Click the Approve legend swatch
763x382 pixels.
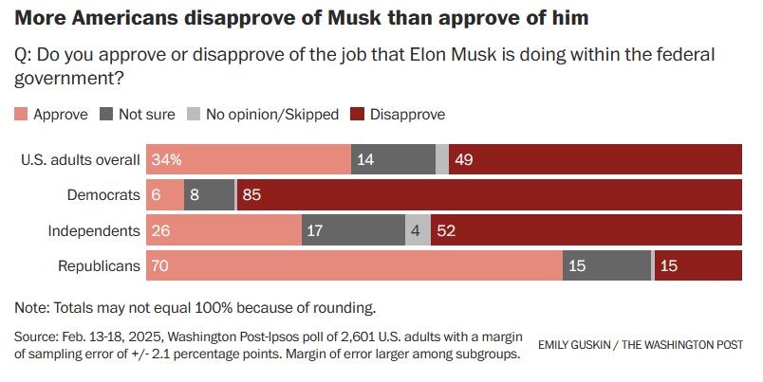(x=22, y=114)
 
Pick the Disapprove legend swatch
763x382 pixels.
(x=357, y=114)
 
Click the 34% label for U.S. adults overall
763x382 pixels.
(x=166, y=160)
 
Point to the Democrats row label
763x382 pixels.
(x=103, y=195)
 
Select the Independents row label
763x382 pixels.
(x=94, y=230)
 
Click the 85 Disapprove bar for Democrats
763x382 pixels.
(x=490, y=195)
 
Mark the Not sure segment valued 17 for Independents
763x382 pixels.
(x=353, y=230)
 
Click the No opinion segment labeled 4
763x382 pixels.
(x=418, y=230)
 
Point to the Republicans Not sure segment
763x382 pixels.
(x=606, y=265)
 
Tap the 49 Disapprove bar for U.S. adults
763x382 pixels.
(x=595, y=160)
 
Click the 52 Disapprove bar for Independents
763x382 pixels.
(x=586, y=230)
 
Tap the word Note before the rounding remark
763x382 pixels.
(x=32, y=307)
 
